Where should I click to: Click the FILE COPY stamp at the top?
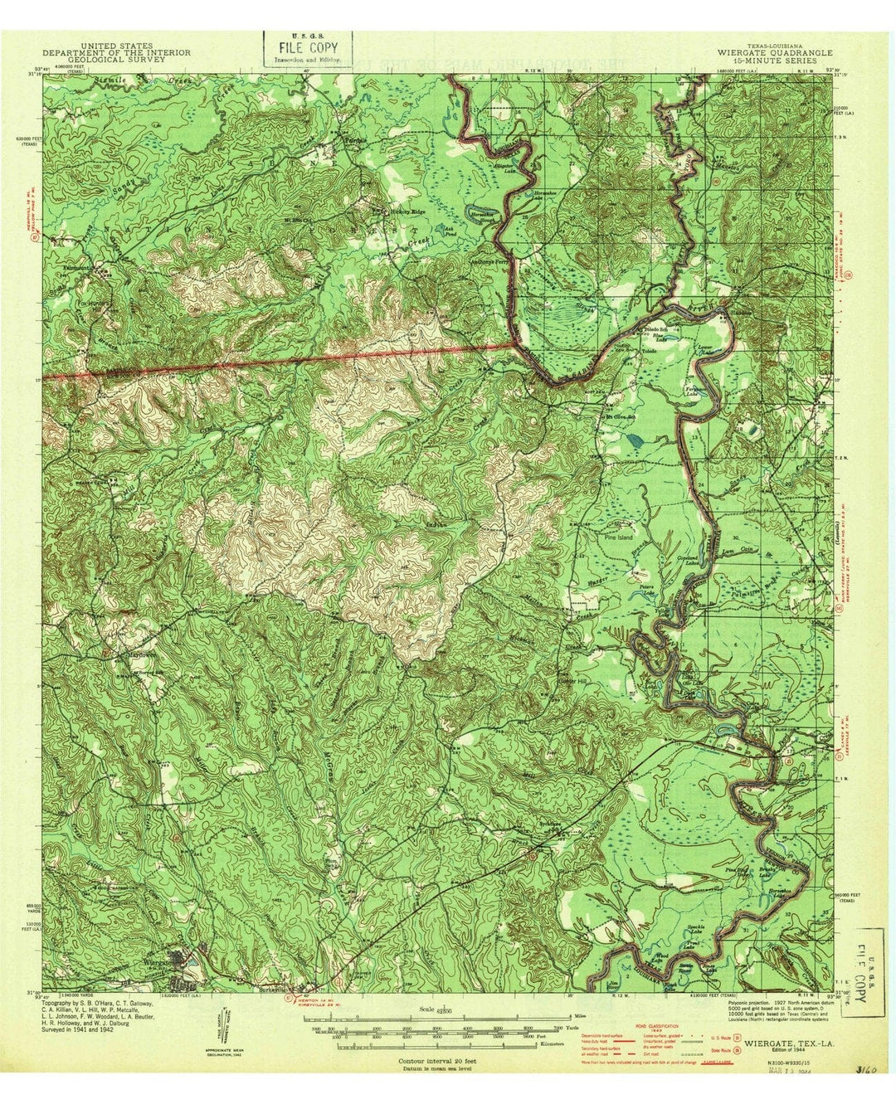pyautogui.click(x=308, y=48)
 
